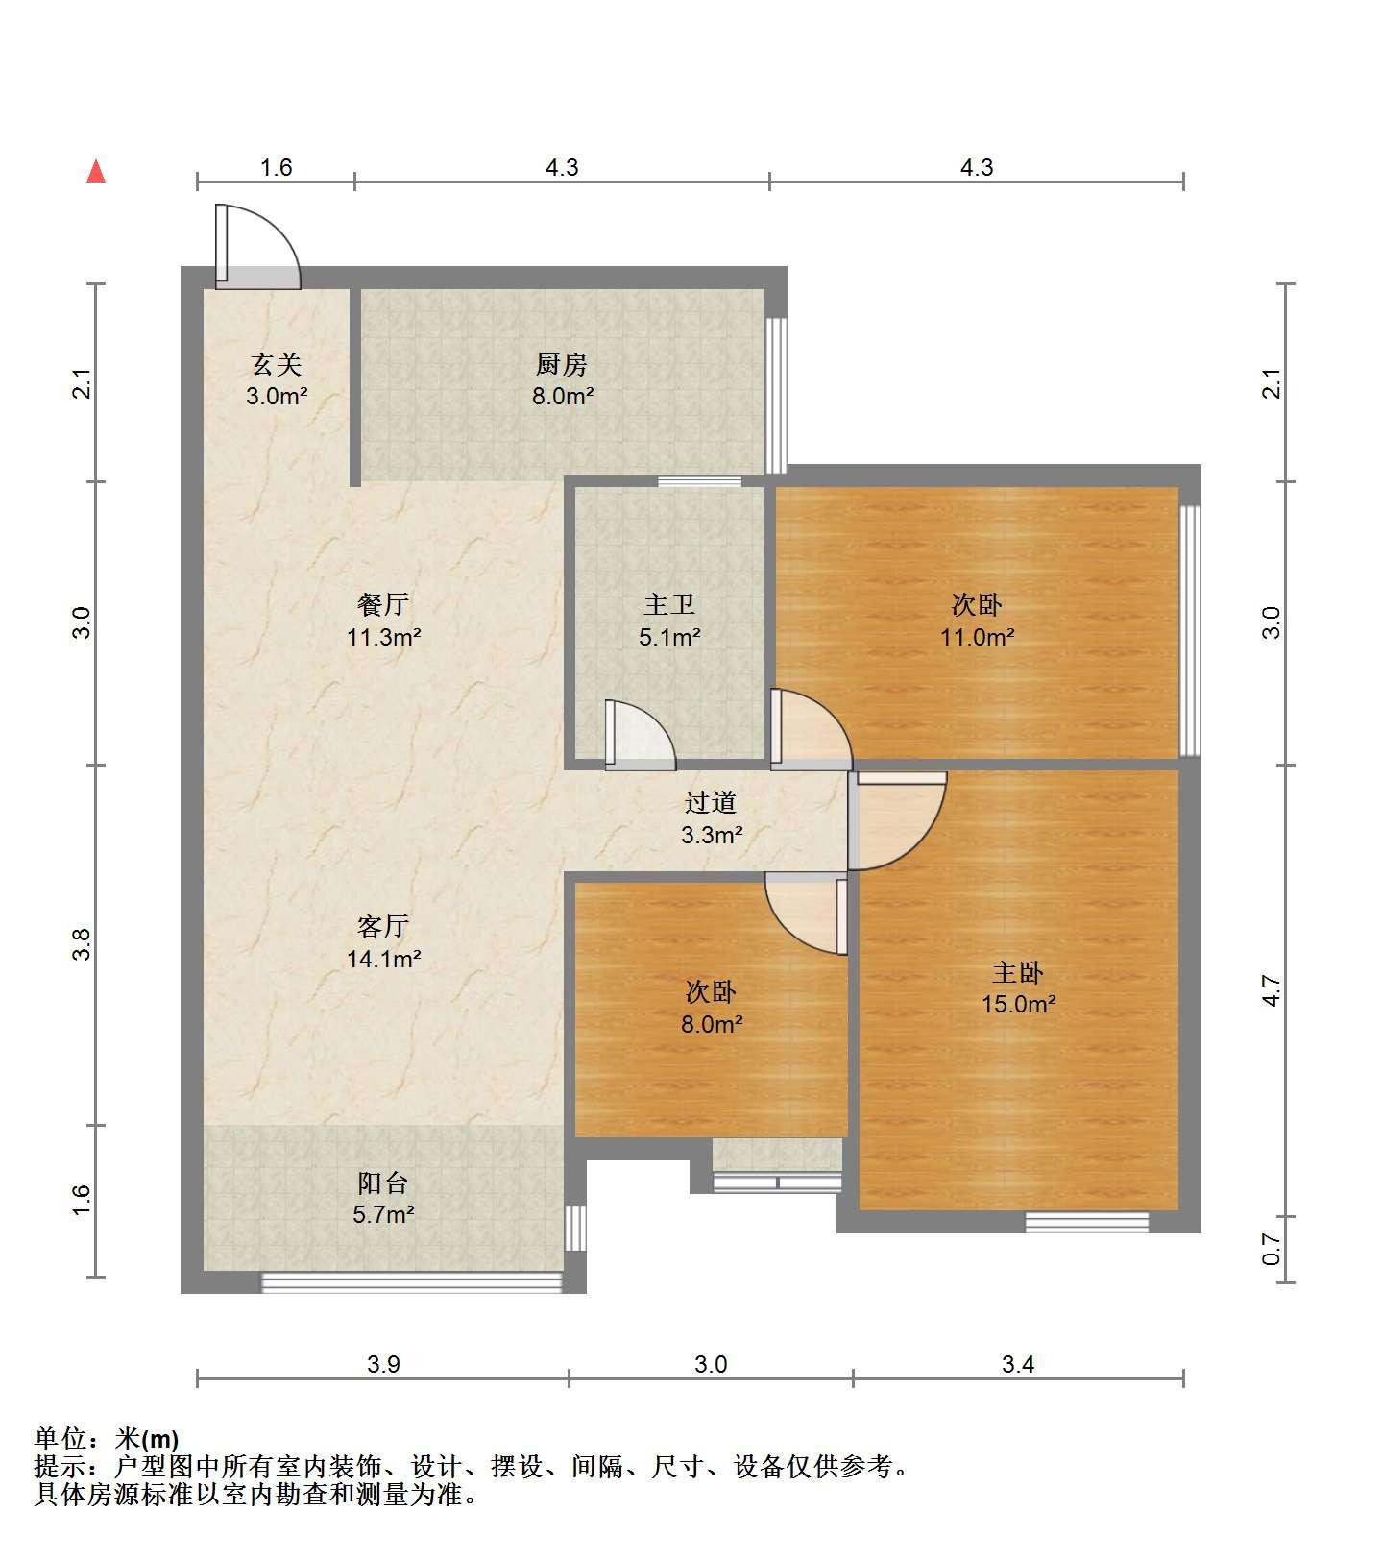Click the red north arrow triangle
pyautogui.click(x=96, y=171)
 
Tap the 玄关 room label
pyautogui.click(x=277, y=364)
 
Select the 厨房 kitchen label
pyautogui.click(x=562, y=364)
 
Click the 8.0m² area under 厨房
pyautogui.click(x=563, y=396)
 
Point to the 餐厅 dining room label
pyautogui.click(x=383, y=604)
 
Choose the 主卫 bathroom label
pyautogui.click(x=669, y=604)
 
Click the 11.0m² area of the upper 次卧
pyautogui.click(x=978, y=636)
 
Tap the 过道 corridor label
pyautogui.click(x=711, y=802)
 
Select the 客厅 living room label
pyautogui.click(x=383, y=926)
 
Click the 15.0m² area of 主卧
pyautogui.click(x=1018, y=1005)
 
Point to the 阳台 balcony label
pyautogui.click(x=383, y=1182)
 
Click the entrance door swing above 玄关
pyautogui.click(x=257, y=247)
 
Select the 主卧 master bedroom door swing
pyautogui.click(x=898, y=821)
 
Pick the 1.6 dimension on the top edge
pyautogui.click(x=276, y=168)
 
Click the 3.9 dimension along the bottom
pyautogui.click(x=383, y=1364)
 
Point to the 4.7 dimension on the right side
pyautogui.click(x=1272, y=990)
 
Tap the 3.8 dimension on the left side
pyautogui.click(x=84, y=944)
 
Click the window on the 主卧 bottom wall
pyautogui.click(x=1087, y=1222)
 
